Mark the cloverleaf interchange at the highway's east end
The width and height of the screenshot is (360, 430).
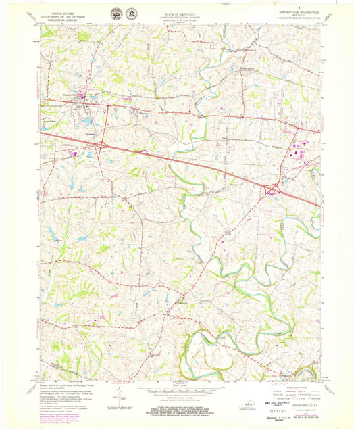pos(274,191)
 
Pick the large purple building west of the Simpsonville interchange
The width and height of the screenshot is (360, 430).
pos(73,153)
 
